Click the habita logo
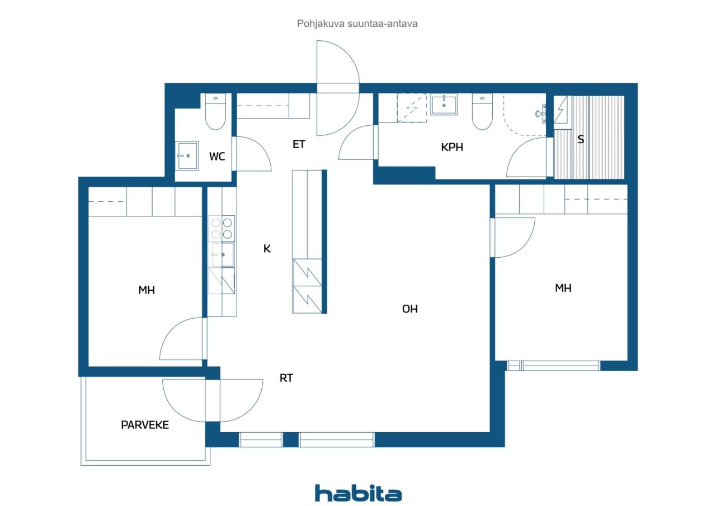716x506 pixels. pyautogui.click(x=358, y=493)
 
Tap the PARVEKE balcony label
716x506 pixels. pyautogui.click(x=145, y=425)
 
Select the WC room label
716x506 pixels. pyautogui.click(x=217, y=157)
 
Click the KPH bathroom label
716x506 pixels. pyautogui.click(x=452, y=148)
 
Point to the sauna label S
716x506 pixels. pyautogui.click(x=581, y=140)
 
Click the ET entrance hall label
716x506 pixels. pyautogui.click(x=299, y=144)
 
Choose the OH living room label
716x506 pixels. pyautogui.click(x=410, y=309)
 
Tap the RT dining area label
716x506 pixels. pyautogui.click(x=286, y=378)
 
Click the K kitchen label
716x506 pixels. pyautogui.click(x=267, y=249)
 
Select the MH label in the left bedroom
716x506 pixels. pyautogui.click(x=147, y=290)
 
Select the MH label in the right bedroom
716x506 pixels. pyautogui.click(x=563, y=288)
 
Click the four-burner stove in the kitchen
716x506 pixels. pyautogui.click(x=221, y=228)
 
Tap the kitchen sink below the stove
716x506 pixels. pyautogui.click(x=222, y=255)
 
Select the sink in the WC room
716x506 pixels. pyautogui.click(x=187, y=154)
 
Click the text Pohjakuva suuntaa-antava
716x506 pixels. pyautogui.click(x=357, y=24)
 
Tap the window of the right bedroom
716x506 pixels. pyautogui.click(x=554, y=366)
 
